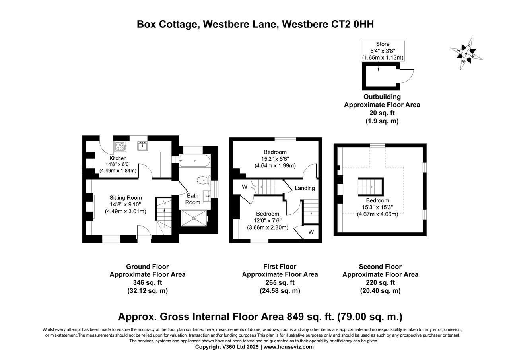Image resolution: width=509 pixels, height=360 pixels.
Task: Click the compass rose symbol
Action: point(466,54)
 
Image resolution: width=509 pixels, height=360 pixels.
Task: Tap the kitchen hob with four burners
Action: point(120,146)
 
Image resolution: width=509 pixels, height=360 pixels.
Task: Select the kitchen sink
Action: point(142,146)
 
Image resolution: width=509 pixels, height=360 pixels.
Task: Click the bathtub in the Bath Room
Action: point(194,161)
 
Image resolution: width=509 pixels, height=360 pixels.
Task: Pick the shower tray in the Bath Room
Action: point(194,218)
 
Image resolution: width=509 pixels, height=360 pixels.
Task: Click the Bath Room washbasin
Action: point(206,196)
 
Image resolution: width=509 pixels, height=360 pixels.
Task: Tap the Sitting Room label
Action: point(125,198)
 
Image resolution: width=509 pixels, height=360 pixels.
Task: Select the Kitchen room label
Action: point(118,158)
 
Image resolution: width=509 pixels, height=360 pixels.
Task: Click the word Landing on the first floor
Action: point(305,188)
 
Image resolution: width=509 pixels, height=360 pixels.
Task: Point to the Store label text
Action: point(383,44)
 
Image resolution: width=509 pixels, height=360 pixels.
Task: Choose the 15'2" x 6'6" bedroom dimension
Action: point(275,159)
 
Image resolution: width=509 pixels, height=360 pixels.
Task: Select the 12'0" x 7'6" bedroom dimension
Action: point(268,220)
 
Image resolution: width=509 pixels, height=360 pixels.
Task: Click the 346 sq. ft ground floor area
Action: point(148,282)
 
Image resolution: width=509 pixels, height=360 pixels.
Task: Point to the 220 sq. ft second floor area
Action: point(381,282)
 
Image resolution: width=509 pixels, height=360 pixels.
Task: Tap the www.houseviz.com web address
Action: point(289,347)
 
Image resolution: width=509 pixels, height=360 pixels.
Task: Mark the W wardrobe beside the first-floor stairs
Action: point(245,187)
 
